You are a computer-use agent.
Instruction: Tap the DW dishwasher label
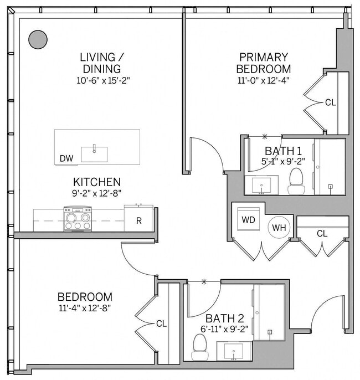coord(66,158)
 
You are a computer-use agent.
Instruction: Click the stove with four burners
coord(78,218)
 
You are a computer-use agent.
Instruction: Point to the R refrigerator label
coord(139,221)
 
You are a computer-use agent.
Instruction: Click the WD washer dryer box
coord(248,219)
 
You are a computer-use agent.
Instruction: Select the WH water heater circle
coord(278,227)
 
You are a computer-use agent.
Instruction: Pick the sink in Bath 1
coord(261,185)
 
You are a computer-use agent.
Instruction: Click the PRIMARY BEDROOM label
coord(263,63)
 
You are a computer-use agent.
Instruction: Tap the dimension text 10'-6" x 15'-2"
coord(100,80)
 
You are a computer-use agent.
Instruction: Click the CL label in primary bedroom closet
coord(330,102)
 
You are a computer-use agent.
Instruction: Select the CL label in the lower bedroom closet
coord(161,323)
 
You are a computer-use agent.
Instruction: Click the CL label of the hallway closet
coord(322,234)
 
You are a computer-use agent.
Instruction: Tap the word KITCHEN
coord(97,182)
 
